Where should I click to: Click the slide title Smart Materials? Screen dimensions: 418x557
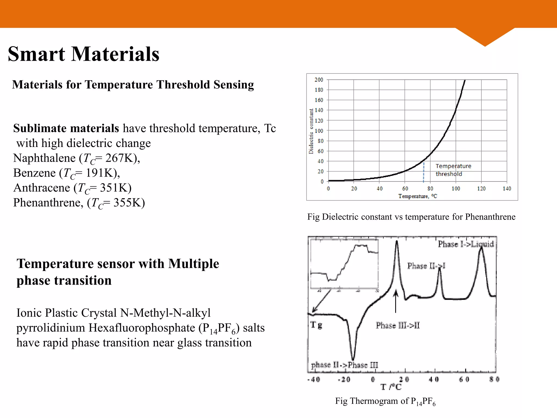pyautogui.click(x=83, y=54)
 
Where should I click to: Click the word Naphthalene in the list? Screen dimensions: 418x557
pyautogui.click(x=44, y=158)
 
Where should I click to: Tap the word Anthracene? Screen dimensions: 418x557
pyautogui.click(x=42, y=188)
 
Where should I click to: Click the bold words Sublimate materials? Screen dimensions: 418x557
pyautogui.click(x=66, y=128)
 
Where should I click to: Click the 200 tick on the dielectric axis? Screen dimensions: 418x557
pyautogui.click(x=319, y=80)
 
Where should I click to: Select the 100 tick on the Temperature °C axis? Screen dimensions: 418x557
pyautogui.click(x=456, y=189)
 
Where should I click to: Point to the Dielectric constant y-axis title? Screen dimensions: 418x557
pyautogui.click(x=311, y=131)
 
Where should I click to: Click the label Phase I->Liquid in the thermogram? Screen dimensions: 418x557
pyautogui.click(x=466, y=244)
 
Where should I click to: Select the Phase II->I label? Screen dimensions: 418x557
pyautogui.click(x=426, y=266)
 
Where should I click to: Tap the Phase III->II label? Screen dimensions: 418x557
pyautogui.click(x=398, y=325)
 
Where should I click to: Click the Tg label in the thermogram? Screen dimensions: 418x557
pyautogui.click(x=316, y=325)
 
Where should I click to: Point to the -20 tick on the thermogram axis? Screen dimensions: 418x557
pyautogui.click(x=344, y=379)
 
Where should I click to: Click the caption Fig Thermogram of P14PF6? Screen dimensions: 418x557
pyautogui.click(x=385, y=401)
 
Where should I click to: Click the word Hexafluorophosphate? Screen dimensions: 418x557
pyautogui.click(x=141, y=328)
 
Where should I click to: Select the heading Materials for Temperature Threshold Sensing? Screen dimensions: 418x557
pyautogui.click(x=133, y=85)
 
